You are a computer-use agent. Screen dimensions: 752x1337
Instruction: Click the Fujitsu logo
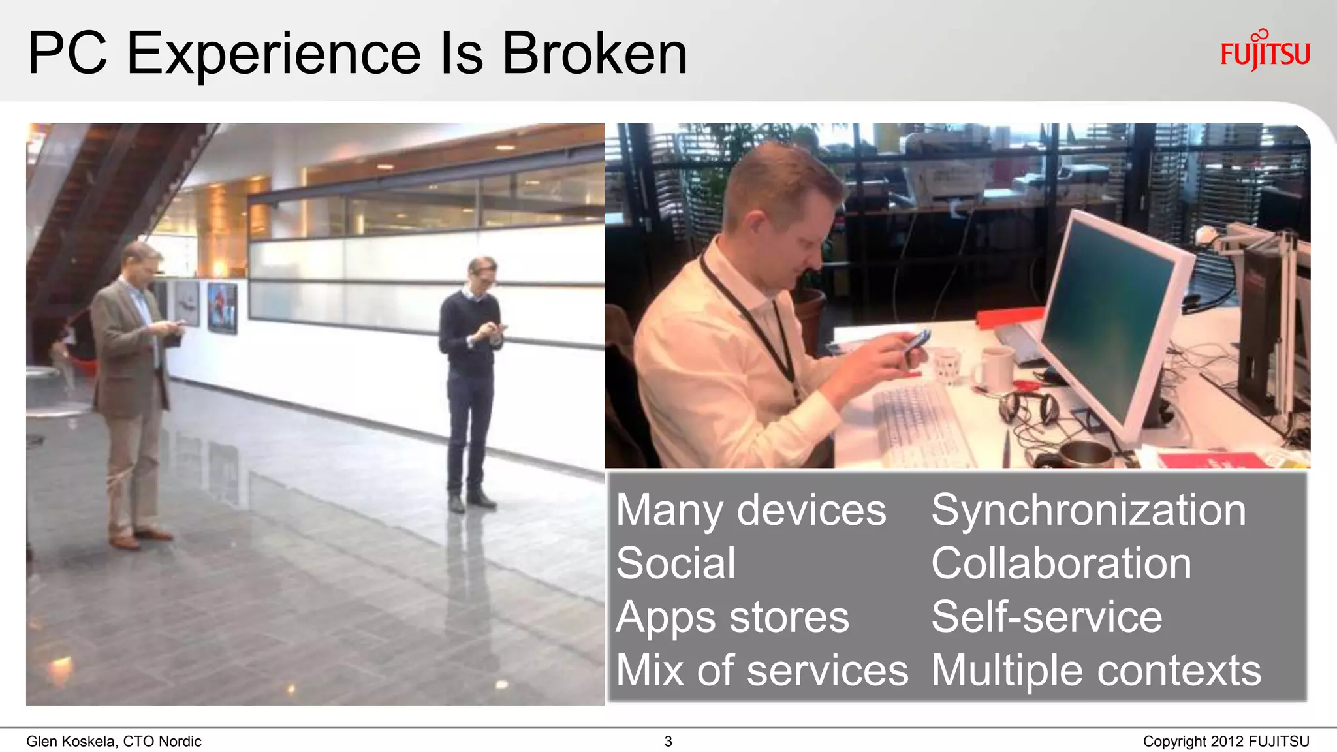[x=1265, y=50]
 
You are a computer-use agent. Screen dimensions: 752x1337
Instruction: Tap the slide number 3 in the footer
[x=668, y=742]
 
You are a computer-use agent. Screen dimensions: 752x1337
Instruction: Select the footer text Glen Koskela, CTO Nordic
[x=114, y=742]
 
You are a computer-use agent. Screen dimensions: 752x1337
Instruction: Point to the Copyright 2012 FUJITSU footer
[x=1225, y=742]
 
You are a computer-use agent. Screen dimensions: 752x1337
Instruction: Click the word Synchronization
[x=1088, y=510]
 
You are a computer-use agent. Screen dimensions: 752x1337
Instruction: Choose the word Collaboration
[x=1061, y=563]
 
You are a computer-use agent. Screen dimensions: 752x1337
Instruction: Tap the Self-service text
[x=1046, y=617]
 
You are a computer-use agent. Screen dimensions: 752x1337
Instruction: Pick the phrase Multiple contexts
[x=1096, y=670]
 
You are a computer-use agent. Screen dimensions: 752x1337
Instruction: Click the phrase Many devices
[x=751, y=510]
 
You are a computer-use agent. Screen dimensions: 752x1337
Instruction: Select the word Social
[x=676, y=563]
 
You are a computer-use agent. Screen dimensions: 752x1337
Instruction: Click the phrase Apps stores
[x=732, y=617]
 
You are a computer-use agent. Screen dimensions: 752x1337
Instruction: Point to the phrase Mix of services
[x=762, y=670]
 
